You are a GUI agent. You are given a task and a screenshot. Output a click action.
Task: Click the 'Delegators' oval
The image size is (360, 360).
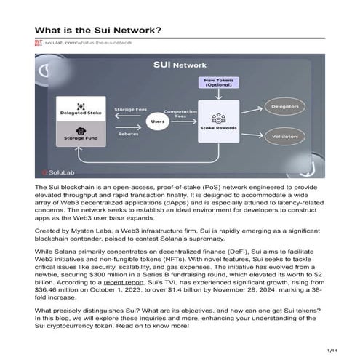pos(299,103)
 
